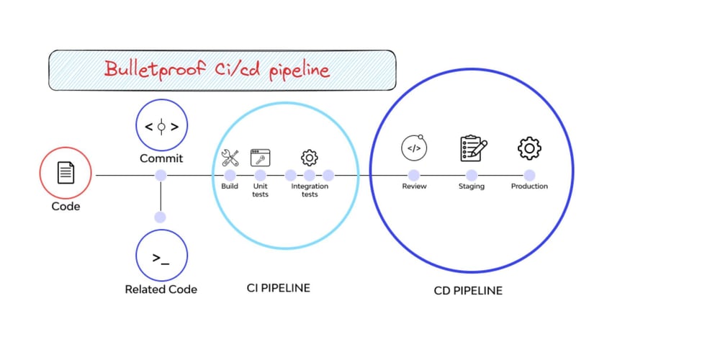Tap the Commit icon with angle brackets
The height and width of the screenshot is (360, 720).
click(x=161, y=125)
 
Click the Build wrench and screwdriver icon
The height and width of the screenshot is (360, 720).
click(x=230, y=157)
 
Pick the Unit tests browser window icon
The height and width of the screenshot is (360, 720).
click(x=260, y=157)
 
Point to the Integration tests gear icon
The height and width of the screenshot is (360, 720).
click(x=310, y=157)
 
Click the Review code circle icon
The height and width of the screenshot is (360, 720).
click(x=414, y=149)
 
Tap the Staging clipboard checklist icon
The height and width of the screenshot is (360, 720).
click(x=472, y=148)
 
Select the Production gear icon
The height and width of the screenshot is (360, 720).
click(x=529, y=148)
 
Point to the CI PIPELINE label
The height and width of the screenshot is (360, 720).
click(x=278, y=288)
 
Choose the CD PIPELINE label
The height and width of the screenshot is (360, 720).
click(x=468, y=291)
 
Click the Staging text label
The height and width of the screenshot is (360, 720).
click(x=472, y=186)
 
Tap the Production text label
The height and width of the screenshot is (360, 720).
click(x=529, y=186)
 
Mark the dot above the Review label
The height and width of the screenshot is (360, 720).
click(x=414, y=175)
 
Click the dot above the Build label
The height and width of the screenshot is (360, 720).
click(x=230, y=175)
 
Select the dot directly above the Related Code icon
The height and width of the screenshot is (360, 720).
click(x=161, y=217)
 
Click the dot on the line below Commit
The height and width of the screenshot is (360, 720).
click(x=161, y=175)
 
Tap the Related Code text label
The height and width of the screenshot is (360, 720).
click(x=161, y=289)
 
